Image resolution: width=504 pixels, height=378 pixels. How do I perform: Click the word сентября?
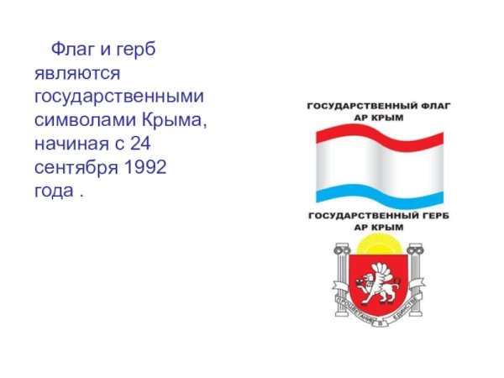[x=76, y=167]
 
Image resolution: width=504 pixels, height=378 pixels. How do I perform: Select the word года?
[x=55, y=191]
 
